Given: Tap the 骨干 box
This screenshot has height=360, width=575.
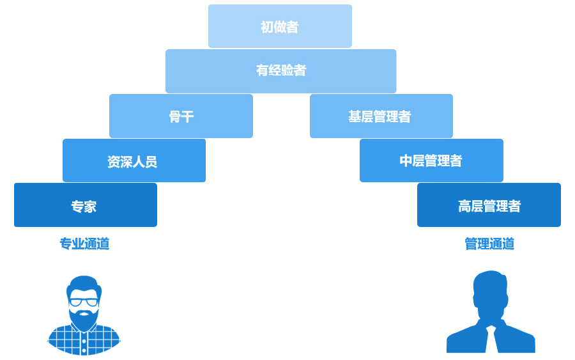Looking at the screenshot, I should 181,116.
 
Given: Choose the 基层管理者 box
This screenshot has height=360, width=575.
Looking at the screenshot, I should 381,116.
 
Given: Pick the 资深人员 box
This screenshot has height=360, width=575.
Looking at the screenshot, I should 134,160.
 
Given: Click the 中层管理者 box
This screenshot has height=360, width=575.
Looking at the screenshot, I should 431,160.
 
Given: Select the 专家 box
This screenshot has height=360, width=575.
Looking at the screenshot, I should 85,205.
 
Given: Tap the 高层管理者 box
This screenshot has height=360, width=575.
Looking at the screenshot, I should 489,205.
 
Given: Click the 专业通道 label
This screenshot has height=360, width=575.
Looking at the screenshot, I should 84,244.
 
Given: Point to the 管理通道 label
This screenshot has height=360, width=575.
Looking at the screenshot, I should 489,244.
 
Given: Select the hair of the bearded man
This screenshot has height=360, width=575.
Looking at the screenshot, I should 84,283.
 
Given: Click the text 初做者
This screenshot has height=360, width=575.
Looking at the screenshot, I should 280,27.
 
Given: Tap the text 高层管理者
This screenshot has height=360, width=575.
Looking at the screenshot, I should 489,206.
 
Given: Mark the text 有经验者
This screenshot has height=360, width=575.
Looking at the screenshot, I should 281,70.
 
